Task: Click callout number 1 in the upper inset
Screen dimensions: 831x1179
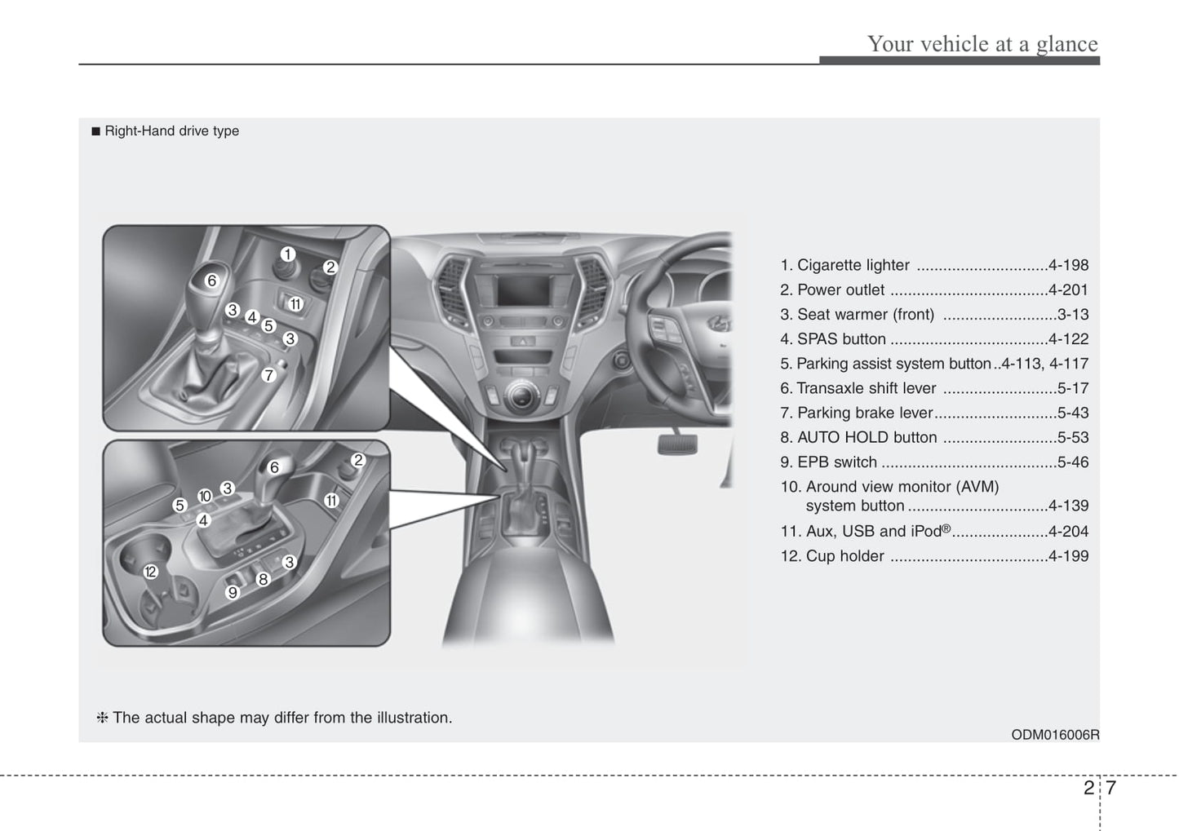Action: [x=287, y=254]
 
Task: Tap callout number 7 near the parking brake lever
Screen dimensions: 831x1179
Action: [x=268, y=375]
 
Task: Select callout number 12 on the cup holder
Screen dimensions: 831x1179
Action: [x=150, y=572]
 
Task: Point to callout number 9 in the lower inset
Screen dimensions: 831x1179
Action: [x=233, y=593]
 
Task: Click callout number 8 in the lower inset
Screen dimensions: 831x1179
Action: [x=263, y=580]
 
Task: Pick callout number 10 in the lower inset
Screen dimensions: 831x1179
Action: [x=205, y=496]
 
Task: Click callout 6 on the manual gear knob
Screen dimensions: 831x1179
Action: [x=211, y=281]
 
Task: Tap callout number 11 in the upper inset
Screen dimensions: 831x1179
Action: [x=295, y=304]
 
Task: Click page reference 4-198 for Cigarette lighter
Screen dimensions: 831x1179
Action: [x=1068, y=265]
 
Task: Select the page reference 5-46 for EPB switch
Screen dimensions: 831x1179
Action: [x=1072, y=462]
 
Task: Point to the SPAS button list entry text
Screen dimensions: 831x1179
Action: [x=841, y=339]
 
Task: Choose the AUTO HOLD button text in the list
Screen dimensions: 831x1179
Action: [x=867, y=438]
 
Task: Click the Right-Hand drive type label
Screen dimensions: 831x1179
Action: [x=171, y=131]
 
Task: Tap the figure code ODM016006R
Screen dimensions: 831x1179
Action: [x=1055, y=735]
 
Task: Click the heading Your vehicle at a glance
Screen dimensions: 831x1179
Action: [x=982, y=43]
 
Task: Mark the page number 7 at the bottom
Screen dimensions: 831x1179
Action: [x=1110, y=788]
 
